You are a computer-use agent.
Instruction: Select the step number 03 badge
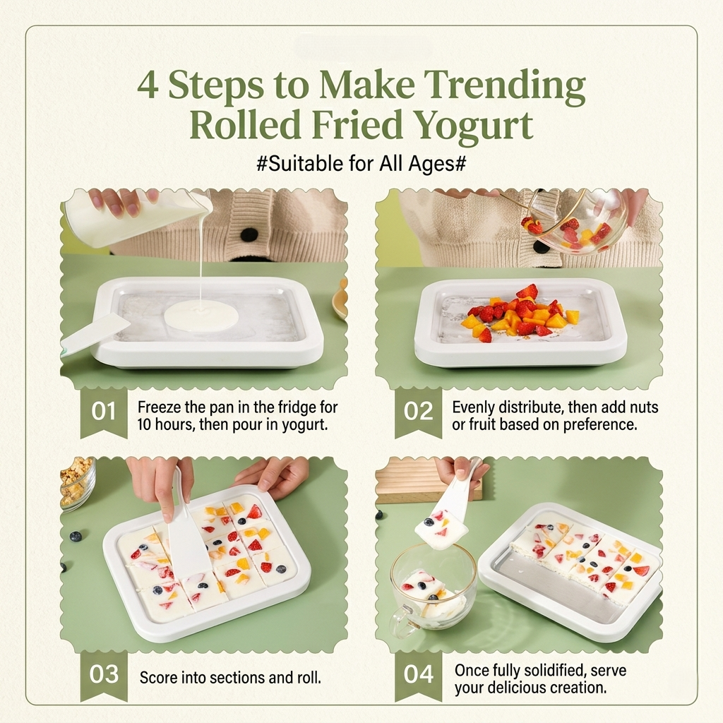pyautogui.click(x=104, y=676)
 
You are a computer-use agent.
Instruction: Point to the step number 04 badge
pyautogui.click(x=418, y=676)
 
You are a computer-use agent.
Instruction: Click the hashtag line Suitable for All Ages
pyautogui.click(x=361, y=164)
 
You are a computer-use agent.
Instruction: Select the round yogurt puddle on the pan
pyautogui.click(x=201, y=316)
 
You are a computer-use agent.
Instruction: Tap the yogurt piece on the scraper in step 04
pyautogui.click(x=441, y=528)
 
